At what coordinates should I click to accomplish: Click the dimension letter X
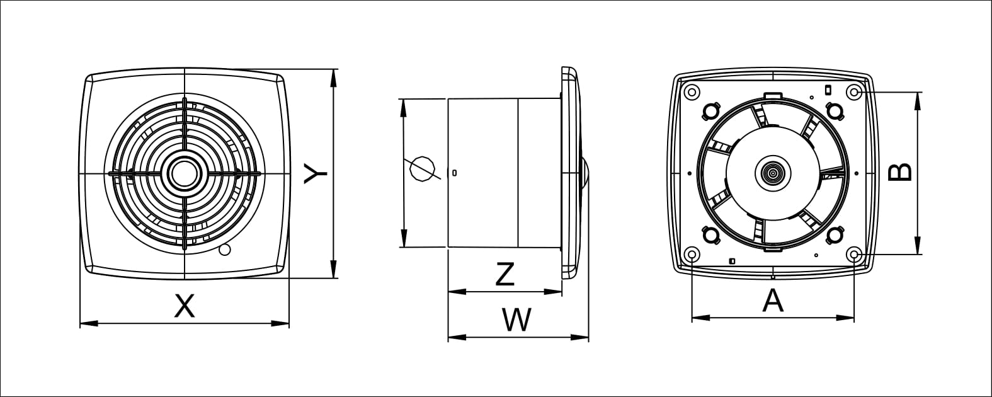pyautogui.click(x=184, y=306)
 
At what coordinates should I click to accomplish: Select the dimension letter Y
pyautogui.click(x=314, y=173)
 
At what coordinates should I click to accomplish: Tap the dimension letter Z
pyautogui.click(x=505, y=274)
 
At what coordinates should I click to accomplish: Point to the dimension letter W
pyautogui.click(x=517, y=320)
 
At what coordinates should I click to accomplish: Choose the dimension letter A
pyautogui.click(x=773, y=301)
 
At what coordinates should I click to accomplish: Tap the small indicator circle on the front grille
pyautogui.click(x=224, y=251)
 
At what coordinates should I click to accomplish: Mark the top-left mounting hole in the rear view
pyautogui.click(x=692, y=92)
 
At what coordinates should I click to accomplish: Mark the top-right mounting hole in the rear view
pyautogui.click(x=854, y=92)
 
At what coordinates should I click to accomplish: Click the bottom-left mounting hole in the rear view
pyautogui.click(x=692, y=255)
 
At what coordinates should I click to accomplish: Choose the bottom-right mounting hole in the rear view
pyautogui.click(x=854, y=255)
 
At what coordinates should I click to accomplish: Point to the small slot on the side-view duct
pyautogui.click(x=455, y=173)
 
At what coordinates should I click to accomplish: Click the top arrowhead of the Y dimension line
pyautogui.click(x=334, y=73)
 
